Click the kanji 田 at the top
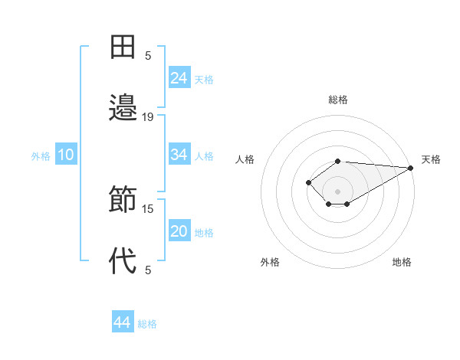(x=123, y=47)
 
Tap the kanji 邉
(x=123, y=108)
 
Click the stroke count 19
(x=148, y=117)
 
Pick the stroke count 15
(x=148, y=208)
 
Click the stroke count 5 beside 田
(x=148, y=55)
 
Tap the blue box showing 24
(x=179, y=78)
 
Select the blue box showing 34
(x=179, y=155)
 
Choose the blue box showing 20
(x=179, y=231)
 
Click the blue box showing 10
(x=66, y=155)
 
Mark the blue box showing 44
(x=122, y=322)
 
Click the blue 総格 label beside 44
(x=147, y=324)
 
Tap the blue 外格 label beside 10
(x=41, y=156)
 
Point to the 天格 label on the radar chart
(x=431, y=159)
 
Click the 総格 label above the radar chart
(x=337, y=100)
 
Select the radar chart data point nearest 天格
(x=411, y=168)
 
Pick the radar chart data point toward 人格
(x=308, y=182)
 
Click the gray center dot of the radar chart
(x=337, y=191)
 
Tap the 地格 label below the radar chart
(x=402, y=262)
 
